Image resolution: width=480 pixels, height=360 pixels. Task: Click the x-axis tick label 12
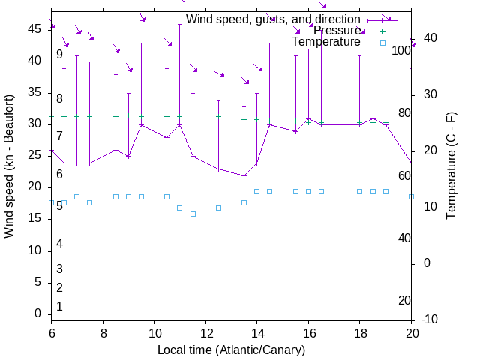click(205, 332)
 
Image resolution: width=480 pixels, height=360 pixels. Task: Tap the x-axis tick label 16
click(308, 332)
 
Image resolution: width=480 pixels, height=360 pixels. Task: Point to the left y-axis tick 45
click(35, 28)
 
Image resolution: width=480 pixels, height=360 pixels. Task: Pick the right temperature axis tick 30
click(427, 94)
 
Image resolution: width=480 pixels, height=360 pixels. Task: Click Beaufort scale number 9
click(59, 55)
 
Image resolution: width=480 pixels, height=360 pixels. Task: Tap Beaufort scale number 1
click(59, 306)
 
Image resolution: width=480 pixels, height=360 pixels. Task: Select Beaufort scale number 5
click(59, 205)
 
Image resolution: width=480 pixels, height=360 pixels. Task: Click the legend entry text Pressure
click(337, 31)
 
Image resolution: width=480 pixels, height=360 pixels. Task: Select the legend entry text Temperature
click(326, 42)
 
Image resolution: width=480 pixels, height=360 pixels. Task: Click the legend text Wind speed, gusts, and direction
click(273, 19)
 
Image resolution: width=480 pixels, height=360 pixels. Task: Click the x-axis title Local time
click(232, 350)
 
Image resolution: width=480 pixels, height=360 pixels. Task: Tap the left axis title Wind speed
click(9, 166)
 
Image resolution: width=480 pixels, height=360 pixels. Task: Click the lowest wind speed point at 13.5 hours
click(244, 175)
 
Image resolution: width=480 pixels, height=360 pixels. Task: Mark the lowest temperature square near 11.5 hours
click(193, 214)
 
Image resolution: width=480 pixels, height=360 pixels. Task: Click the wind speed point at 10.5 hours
click(166, 137)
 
